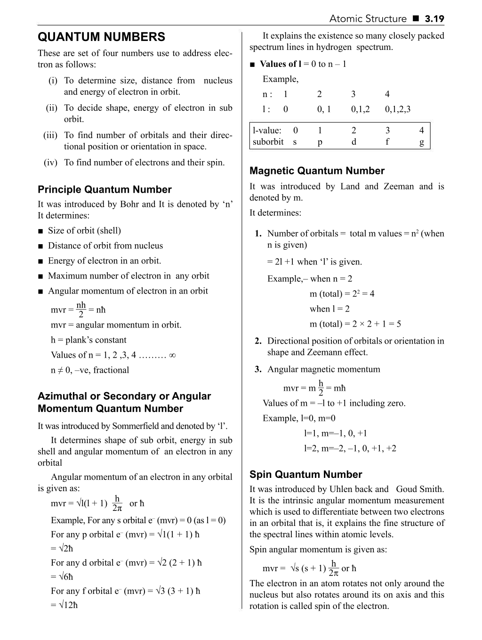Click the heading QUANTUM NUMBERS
pos(101,37)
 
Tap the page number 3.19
pos(434,19)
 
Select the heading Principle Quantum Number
pos(104,189)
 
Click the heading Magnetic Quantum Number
pos(317,171)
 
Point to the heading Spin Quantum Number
pos(305,474)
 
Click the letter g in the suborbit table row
pos(422,142)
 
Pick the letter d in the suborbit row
pos(353,142)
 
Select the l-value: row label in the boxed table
pos(267,130)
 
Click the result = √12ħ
pos(64,605)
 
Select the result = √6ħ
pos(62,576)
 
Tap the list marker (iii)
pos(50,135)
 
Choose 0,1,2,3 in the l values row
pos(397,109)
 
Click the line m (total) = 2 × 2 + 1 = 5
pos(355,324)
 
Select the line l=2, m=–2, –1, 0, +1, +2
pos(350,448)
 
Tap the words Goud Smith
pos(420,489)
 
